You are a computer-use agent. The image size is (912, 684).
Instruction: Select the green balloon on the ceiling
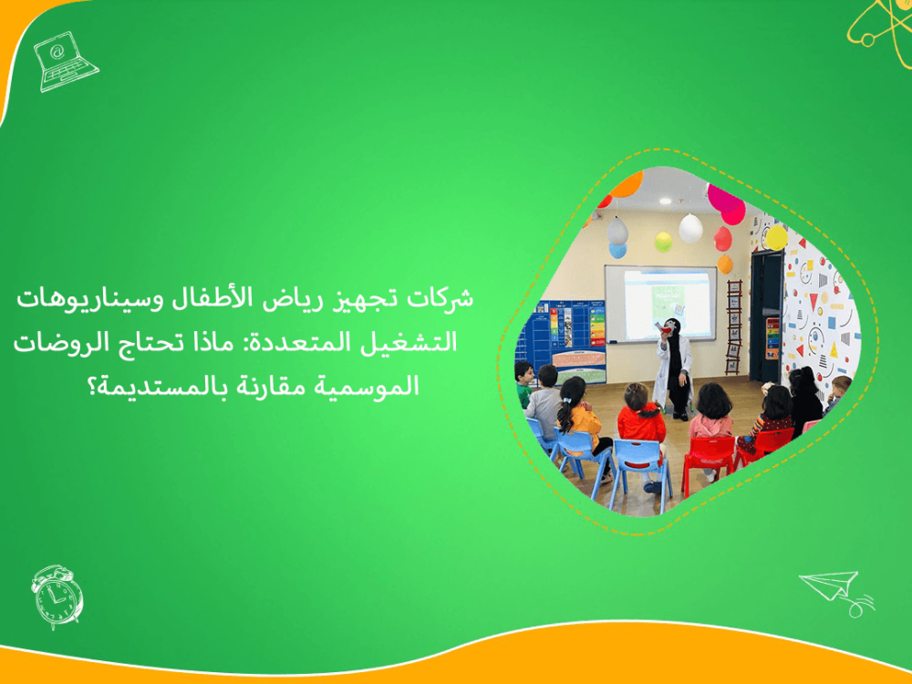tap(663, 242)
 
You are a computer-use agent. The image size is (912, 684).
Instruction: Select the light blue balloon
tap(617, 249)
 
